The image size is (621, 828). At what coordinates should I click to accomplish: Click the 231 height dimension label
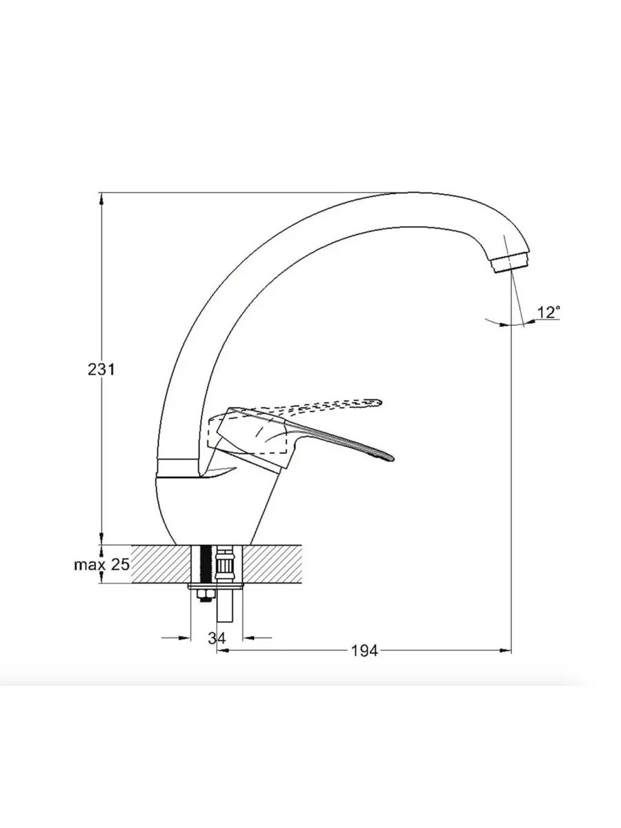(x=101, y=370)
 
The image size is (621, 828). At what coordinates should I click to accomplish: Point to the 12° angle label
(x=549, y=313)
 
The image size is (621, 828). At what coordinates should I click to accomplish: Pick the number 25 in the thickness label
(x=120, y=564)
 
